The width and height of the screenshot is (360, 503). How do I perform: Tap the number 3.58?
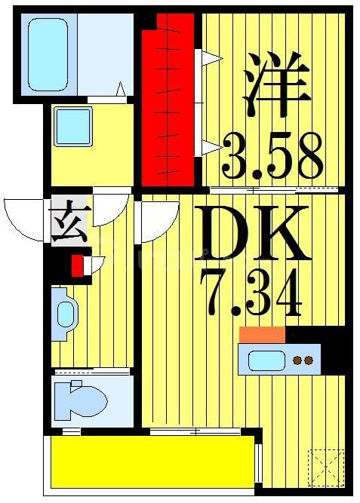click(x=272, y=157)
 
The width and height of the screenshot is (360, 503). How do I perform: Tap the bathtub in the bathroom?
click(x=48, y=54)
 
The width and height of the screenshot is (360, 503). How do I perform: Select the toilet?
click(x=79, y=397)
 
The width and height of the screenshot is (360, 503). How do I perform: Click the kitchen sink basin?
click(x=267, y=360)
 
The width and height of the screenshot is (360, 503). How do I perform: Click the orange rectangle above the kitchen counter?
click(x=262, y=335)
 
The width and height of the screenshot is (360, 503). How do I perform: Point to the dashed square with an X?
click(x=326, y=468)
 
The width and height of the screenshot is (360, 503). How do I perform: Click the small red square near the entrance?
click(x=77, y=265)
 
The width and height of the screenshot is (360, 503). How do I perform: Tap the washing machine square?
click(x=74, y=126)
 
